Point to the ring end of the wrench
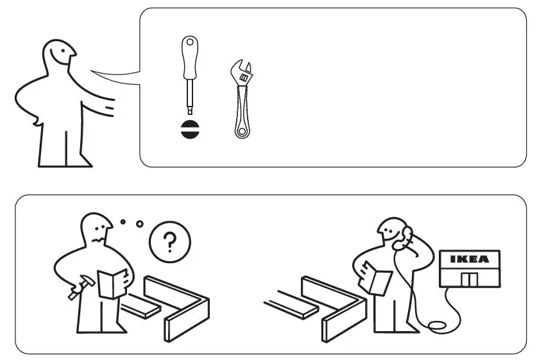point(242,131)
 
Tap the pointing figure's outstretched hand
point(108,106)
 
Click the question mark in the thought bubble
point(169,242)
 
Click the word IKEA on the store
point(469,259)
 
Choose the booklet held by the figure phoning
point(380,281)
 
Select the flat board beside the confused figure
point(140,309)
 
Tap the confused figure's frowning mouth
point(98,238)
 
